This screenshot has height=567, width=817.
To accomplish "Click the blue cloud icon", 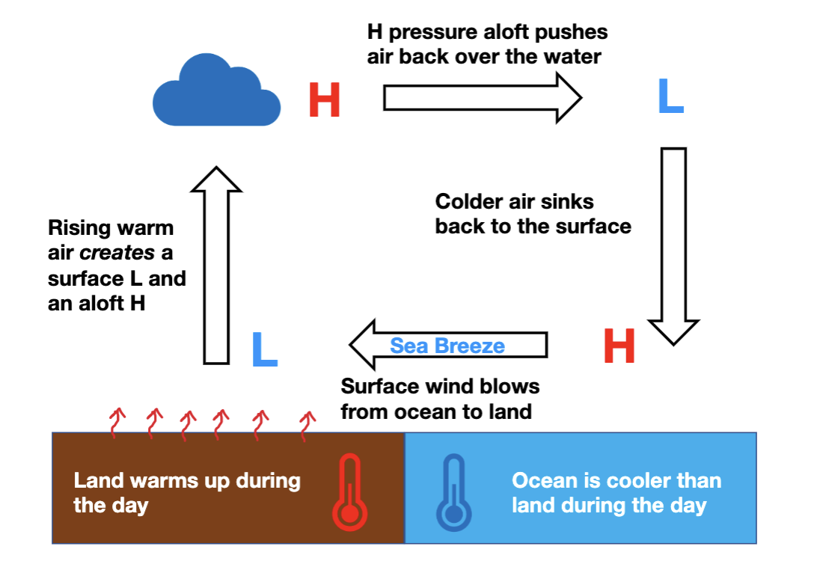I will [216, 93].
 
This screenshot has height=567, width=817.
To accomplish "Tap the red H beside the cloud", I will [324, 100].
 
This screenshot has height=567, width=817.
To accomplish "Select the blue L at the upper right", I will [670, 97].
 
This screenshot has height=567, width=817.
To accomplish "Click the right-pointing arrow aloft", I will [482, 97].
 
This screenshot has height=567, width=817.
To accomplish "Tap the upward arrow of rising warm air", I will [216, 266].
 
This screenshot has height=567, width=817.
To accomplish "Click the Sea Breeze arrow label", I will [447, 346].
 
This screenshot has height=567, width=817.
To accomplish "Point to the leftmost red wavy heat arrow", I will [117, 422].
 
